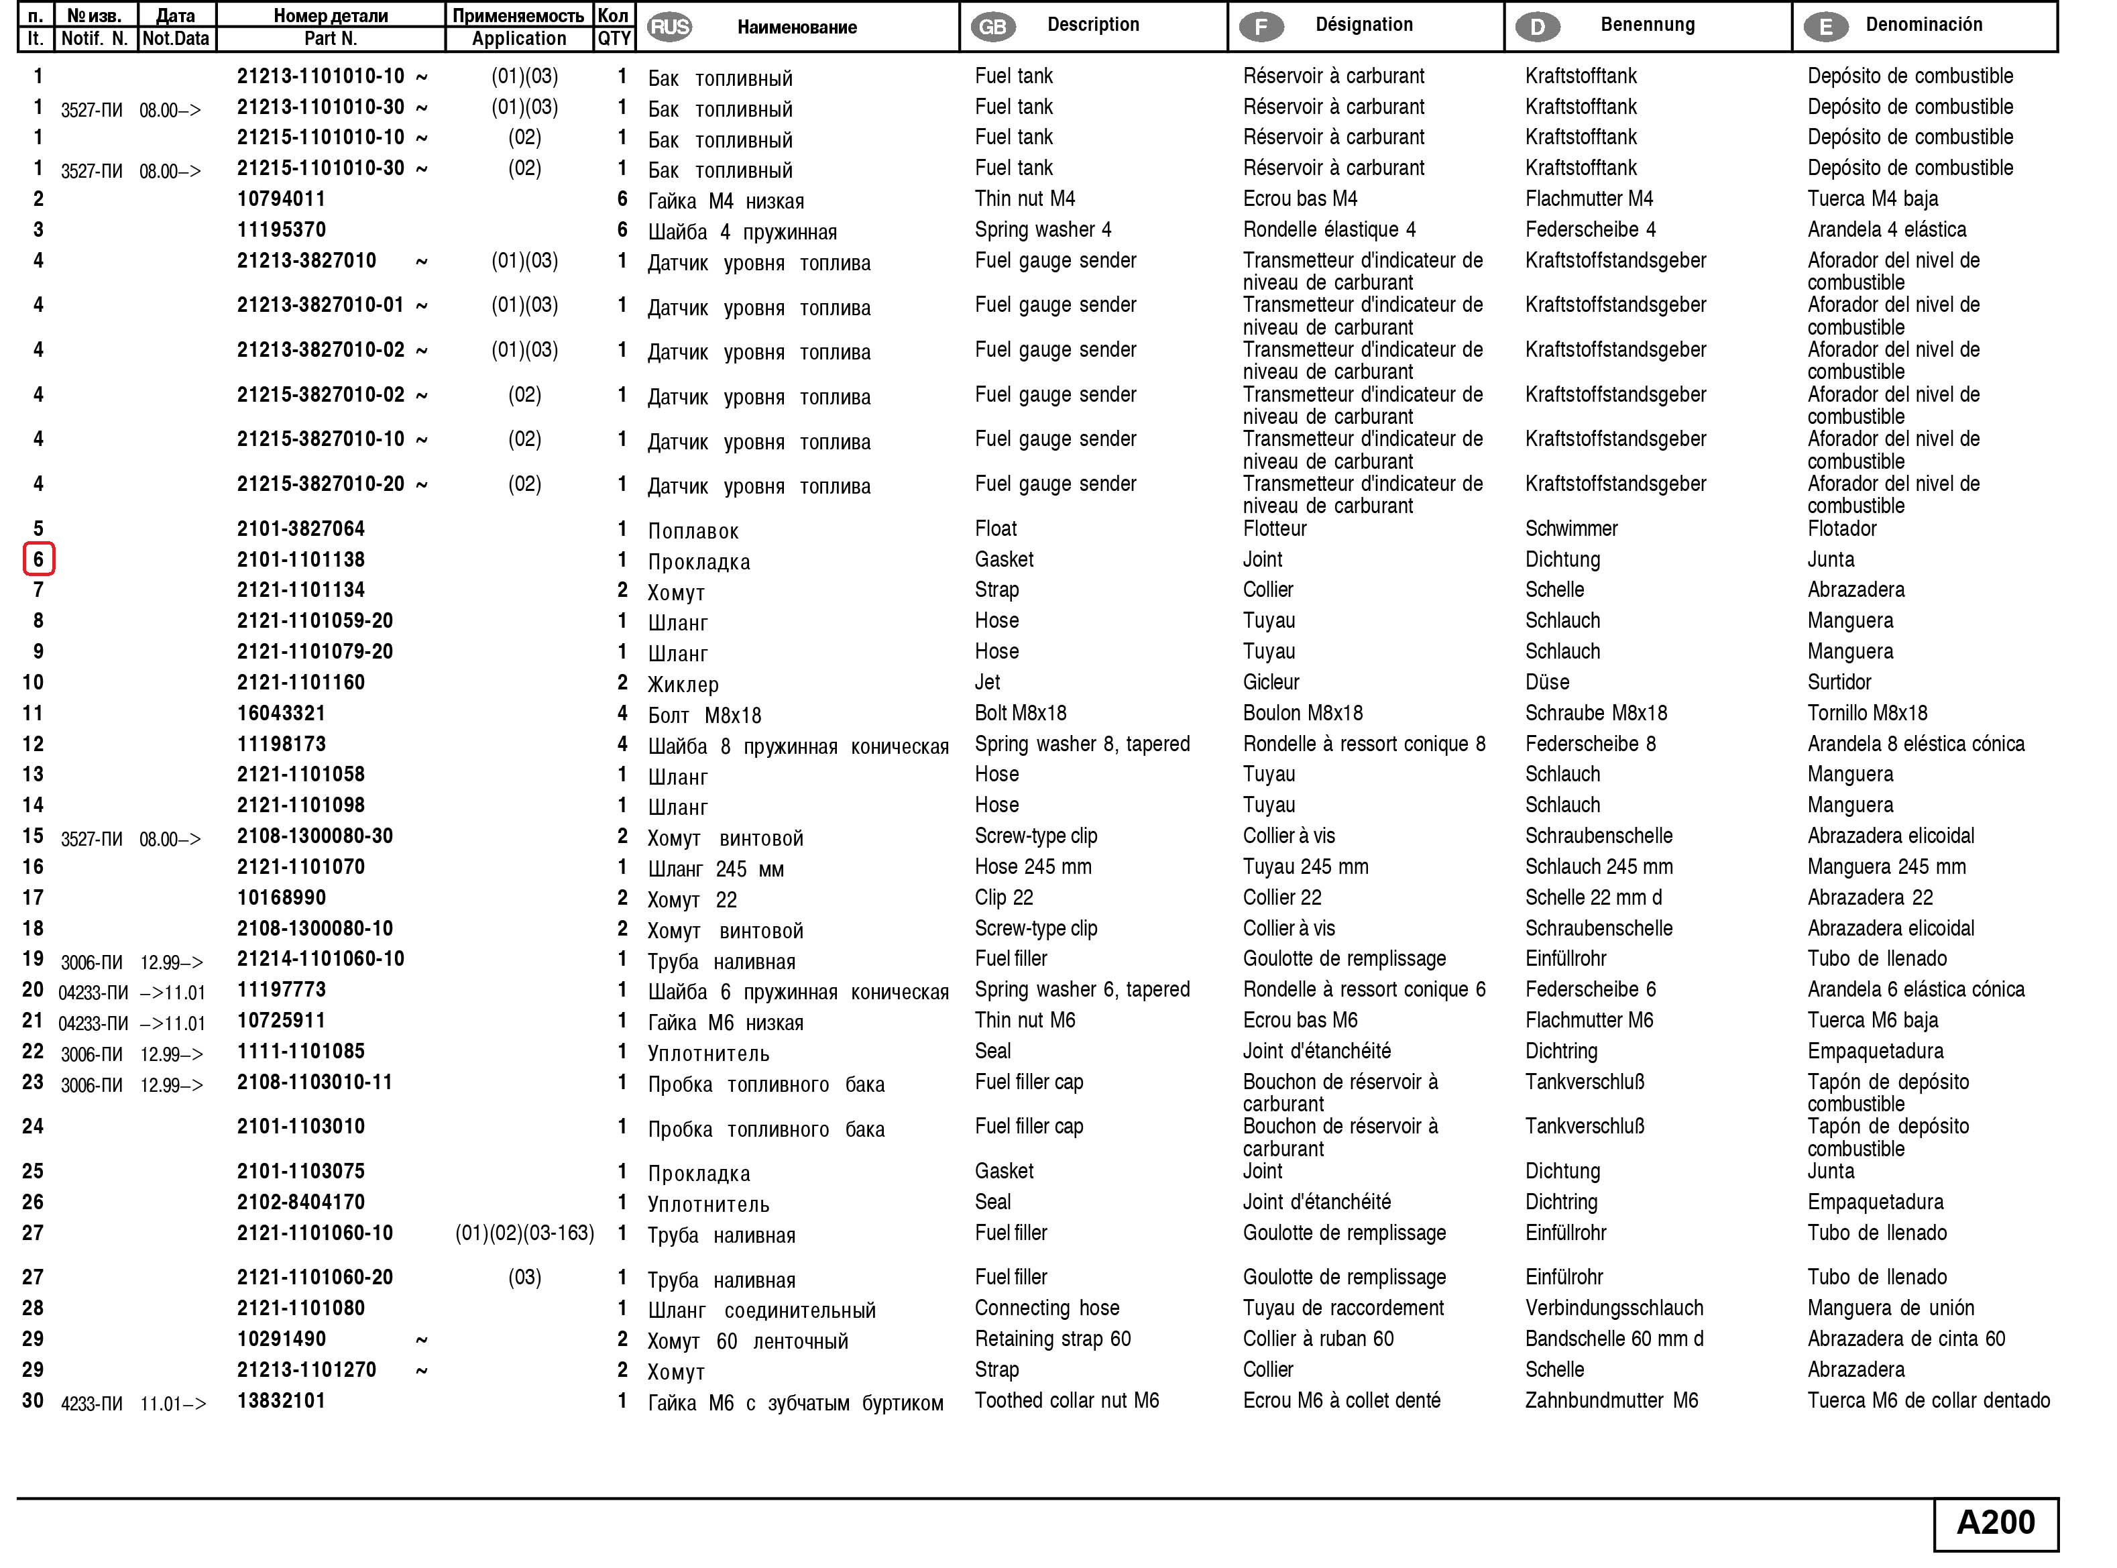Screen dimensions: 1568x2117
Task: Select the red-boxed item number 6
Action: tap(39, 559)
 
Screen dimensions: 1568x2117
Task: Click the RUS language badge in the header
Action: tap(669, 27)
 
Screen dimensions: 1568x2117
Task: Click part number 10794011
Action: tap(281, 199)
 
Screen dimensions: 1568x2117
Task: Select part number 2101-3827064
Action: tap(301, 528)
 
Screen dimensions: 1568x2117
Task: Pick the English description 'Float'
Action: tap(995, 528)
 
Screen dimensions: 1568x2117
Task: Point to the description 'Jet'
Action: tap(987, 683)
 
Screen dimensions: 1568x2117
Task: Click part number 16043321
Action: tap(281, 713)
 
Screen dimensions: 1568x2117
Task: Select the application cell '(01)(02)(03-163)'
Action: tap(525, 1233)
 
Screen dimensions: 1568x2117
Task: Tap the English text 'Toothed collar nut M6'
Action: tap(1067, 1401)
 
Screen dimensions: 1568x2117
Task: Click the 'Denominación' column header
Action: tap(1923, 25)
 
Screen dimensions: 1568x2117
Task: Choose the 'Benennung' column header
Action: tap(1648, 25)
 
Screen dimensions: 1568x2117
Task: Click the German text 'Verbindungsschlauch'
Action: tap(1614, 1308)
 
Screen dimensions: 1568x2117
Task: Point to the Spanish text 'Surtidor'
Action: tap(1839, 683)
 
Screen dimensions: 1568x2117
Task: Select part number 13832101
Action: tap(281, 1401)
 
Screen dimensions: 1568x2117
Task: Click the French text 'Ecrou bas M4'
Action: tap(1300, 199)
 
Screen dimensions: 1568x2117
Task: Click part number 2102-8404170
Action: tap(301, 1202)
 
